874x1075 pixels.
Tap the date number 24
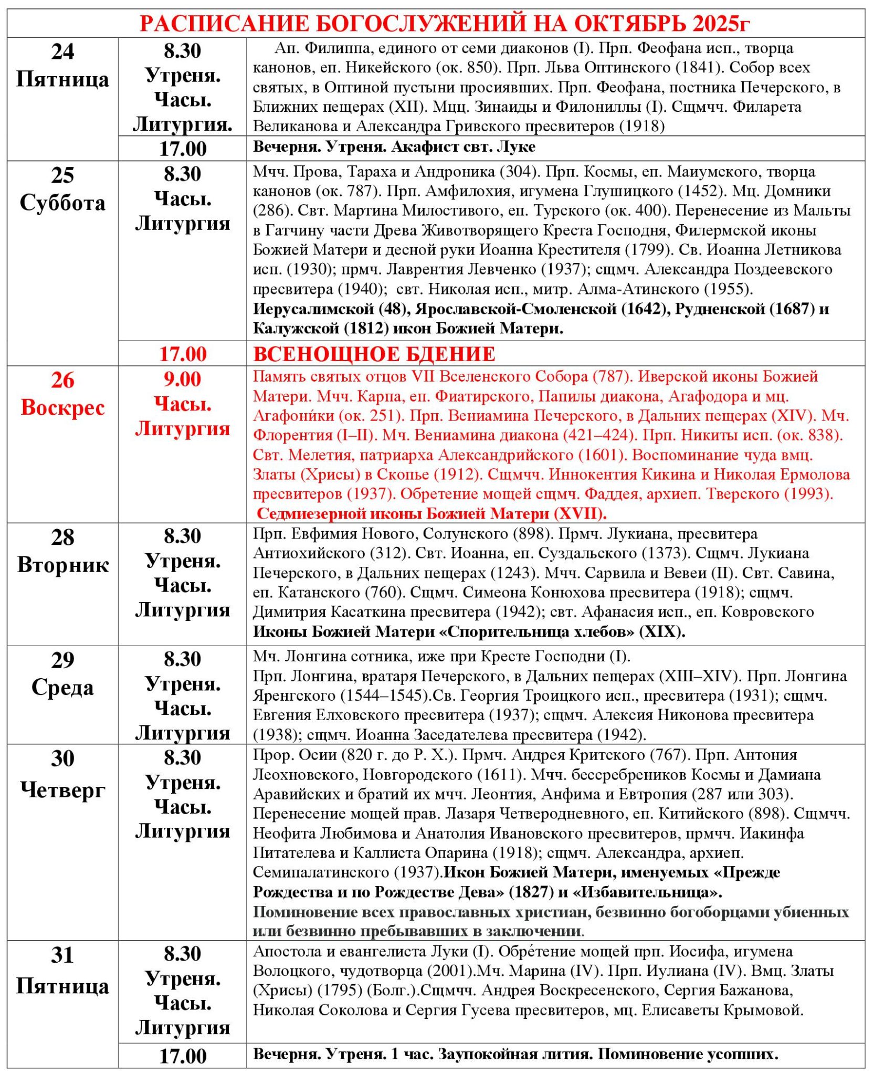point(62,52)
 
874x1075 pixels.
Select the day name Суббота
point(62,203)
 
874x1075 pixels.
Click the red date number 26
point(62,381)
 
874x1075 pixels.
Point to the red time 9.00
point(182,379)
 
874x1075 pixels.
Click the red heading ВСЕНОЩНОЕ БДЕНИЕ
point(374,354)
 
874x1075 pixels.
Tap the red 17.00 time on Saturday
point(182,354)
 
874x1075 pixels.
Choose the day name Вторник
point(62,565)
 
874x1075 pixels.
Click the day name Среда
point(62,688)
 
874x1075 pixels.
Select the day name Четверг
point(62,789)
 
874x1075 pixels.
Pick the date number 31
point(62,955)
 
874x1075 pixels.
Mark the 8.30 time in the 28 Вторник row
point(182,536)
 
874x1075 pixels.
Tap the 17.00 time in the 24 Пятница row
point(182,149)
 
